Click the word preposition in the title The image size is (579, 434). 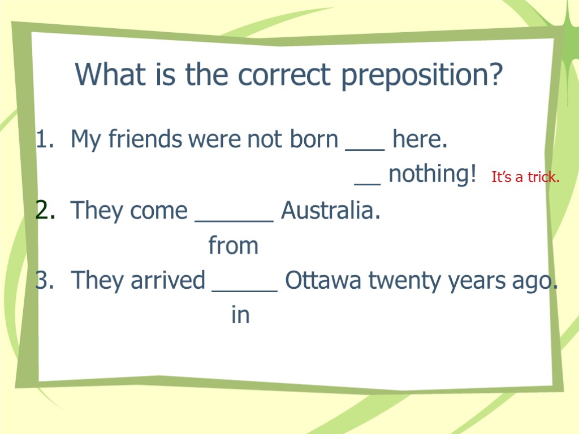(x=422, y=75)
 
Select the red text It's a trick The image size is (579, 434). (x=525, y=177)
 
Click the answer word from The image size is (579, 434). (x=233, y=246)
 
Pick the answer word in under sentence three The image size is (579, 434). (x=240, y=315)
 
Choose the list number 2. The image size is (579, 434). (x=45, y=211)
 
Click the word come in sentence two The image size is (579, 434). (x=158, y=212)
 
